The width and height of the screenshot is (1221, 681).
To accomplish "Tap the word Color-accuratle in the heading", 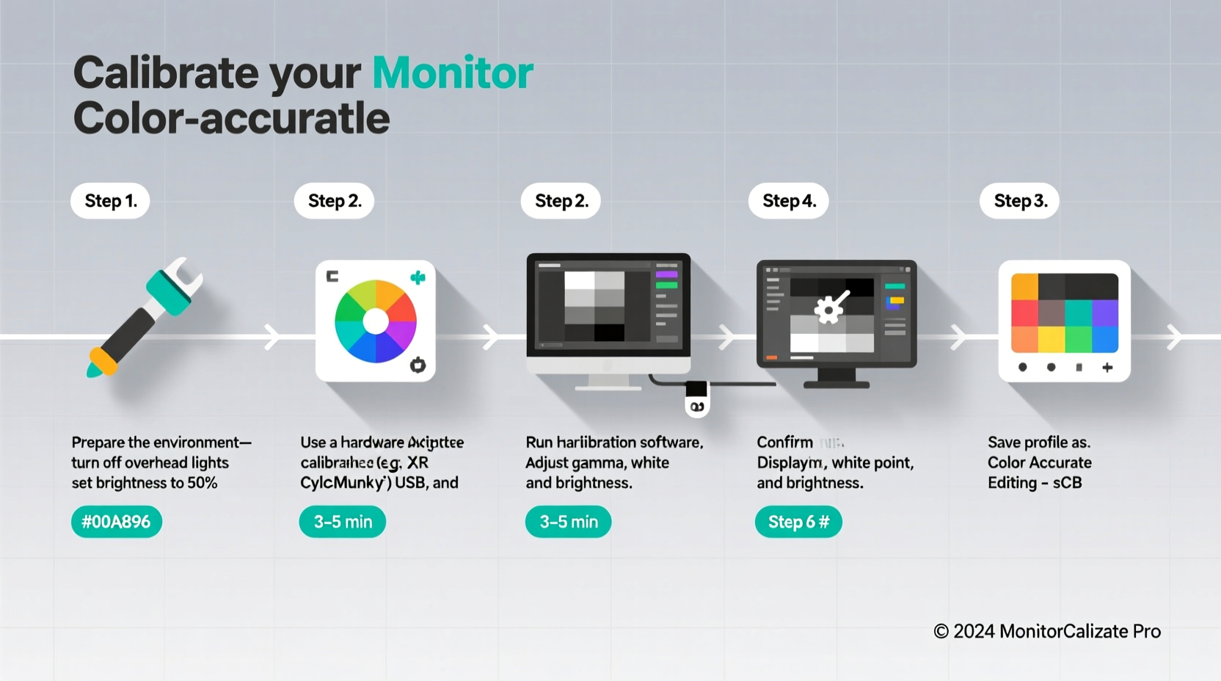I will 231,119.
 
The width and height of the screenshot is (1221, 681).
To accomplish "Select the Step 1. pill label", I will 110,201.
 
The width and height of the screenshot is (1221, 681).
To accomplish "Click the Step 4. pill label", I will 789,201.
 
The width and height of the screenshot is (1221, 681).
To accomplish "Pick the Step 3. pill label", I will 1020,201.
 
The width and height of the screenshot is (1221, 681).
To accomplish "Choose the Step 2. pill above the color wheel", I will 335,201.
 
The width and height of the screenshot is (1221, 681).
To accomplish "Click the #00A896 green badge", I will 116,522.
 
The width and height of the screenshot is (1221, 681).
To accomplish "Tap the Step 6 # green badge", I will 798,522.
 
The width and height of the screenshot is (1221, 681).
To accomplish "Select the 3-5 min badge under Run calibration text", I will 569,522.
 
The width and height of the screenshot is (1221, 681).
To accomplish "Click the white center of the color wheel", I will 376,321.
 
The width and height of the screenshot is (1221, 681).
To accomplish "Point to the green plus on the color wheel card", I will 418,277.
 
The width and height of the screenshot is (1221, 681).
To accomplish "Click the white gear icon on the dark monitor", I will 829,309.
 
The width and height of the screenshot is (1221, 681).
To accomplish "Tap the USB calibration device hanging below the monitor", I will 696,400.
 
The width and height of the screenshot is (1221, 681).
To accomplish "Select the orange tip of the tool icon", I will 103,359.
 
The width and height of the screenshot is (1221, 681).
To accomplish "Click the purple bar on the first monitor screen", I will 666,274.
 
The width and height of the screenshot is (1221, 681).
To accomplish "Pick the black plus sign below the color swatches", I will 1107,367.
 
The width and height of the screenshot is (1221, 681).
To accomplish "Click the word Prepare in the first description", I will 98,443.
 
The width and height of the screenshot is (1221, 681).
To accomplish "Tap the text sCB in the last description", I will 1068,483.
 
